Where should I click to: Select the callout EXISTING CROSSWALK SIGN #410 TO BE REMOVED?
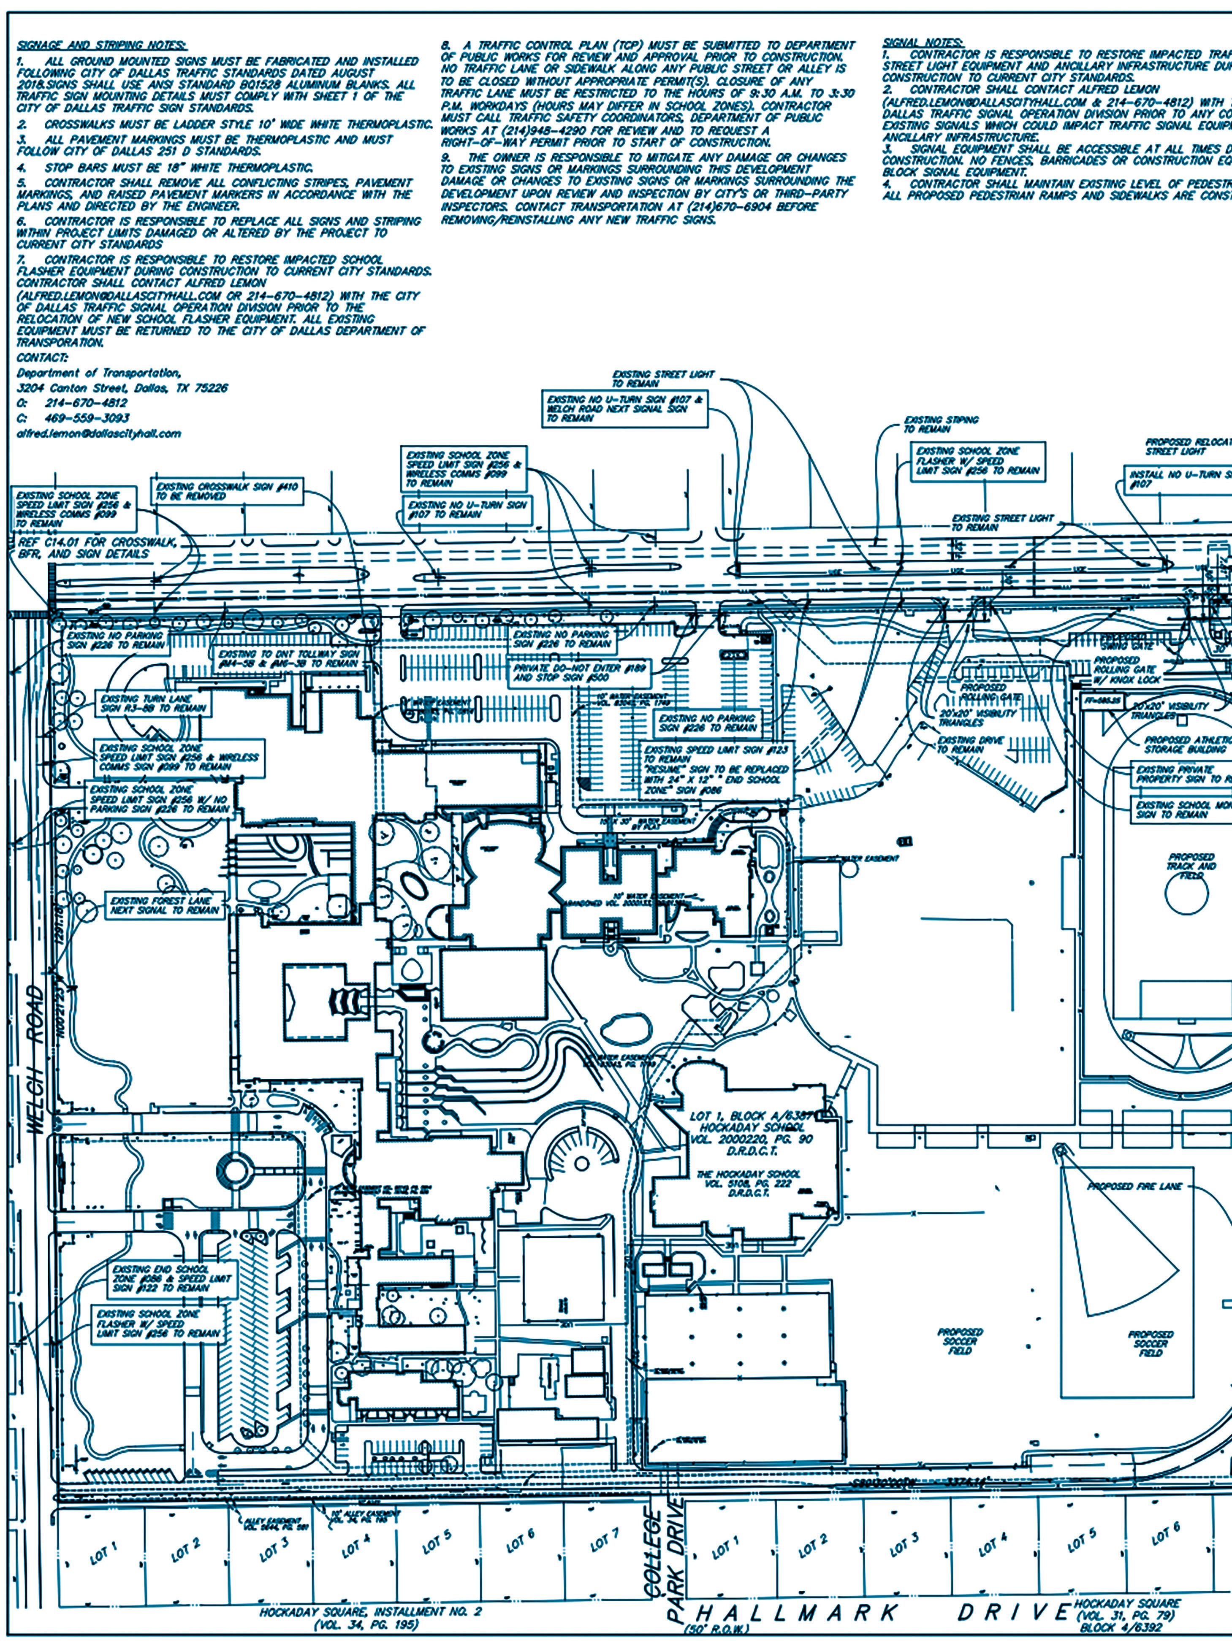pos(227,491)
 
